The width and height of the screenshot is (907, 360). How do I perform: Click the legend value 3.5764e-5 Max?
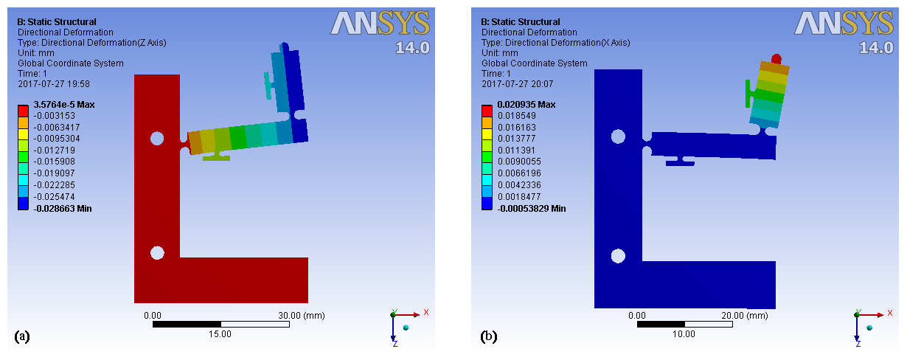tap(64, 105)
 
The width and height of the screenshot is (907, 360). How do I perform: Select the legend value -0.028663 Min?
tap(63, 209)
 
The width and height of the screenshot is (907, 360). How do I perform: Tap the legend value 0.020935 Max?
tap(527, 105)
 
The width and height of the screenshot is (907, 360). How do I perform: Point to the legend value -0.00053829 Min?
tap(532, 209)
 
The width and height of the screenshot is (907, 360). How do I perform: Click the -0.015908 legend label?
tap(55, 162)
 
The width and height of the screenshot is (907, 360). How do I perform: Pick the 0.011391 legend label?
tap(517, 150)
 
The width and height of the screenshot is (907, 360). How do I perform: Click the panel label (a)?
tap(22, 336)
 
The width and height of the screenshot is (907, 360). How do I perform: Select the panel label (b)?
tap(488, 336)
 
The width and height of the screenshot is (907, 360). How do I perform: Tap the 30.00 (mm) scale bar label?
tap(302, 316)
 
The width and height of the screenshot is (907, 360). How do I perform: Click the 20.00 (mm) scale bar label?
tap(745, 316)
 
